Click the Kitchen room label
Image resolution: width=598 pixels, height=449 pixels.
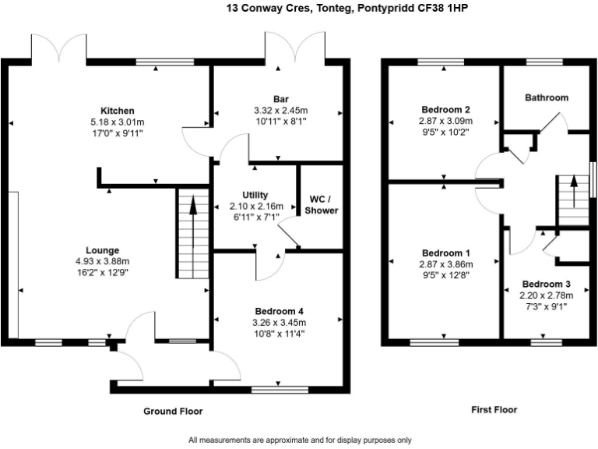[118, 111]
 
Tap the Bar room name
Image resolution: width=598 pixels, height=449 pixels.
[281, 99]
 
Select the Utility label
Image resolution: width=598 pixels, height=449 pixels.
[255, 195]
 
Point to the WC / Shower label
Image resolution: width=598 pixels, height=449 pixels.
[322, 205]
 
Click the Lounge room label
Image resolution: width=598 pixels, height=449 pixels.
[103, 250]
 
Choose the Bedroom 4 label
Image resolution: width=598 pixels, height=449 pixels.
[280, 312]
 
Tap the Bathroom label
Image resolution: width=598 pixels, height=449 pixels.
[547, 97]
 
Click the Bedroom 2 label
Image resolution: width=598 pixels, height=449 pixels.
[446, 110]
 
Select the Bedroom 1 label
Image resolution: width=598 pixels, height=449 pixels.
[446, 253]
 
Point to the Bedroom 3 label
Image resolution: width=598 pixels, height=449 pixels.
[547, 284]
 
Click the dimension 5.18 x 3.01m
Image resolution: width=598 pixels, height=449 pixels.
[118, 122]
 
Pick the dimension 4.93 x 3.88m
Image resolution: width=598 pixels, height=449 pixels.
[103, 262]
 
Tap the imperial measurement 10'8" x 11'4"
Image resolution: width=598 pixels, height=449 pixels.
[280, 334]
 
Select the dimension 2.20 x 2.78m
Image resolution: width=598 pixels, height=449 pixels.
[547, 295]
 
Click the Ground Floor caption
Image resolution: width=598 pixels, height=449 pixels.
[173, 412]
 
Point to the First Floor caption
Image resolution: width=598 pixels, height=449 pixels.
[494, 410]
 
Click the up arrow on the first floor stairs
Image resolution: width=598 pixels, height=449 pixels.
[574, 191]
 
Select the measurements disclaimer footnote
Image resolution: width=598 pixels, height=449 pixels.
[300, 440]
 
